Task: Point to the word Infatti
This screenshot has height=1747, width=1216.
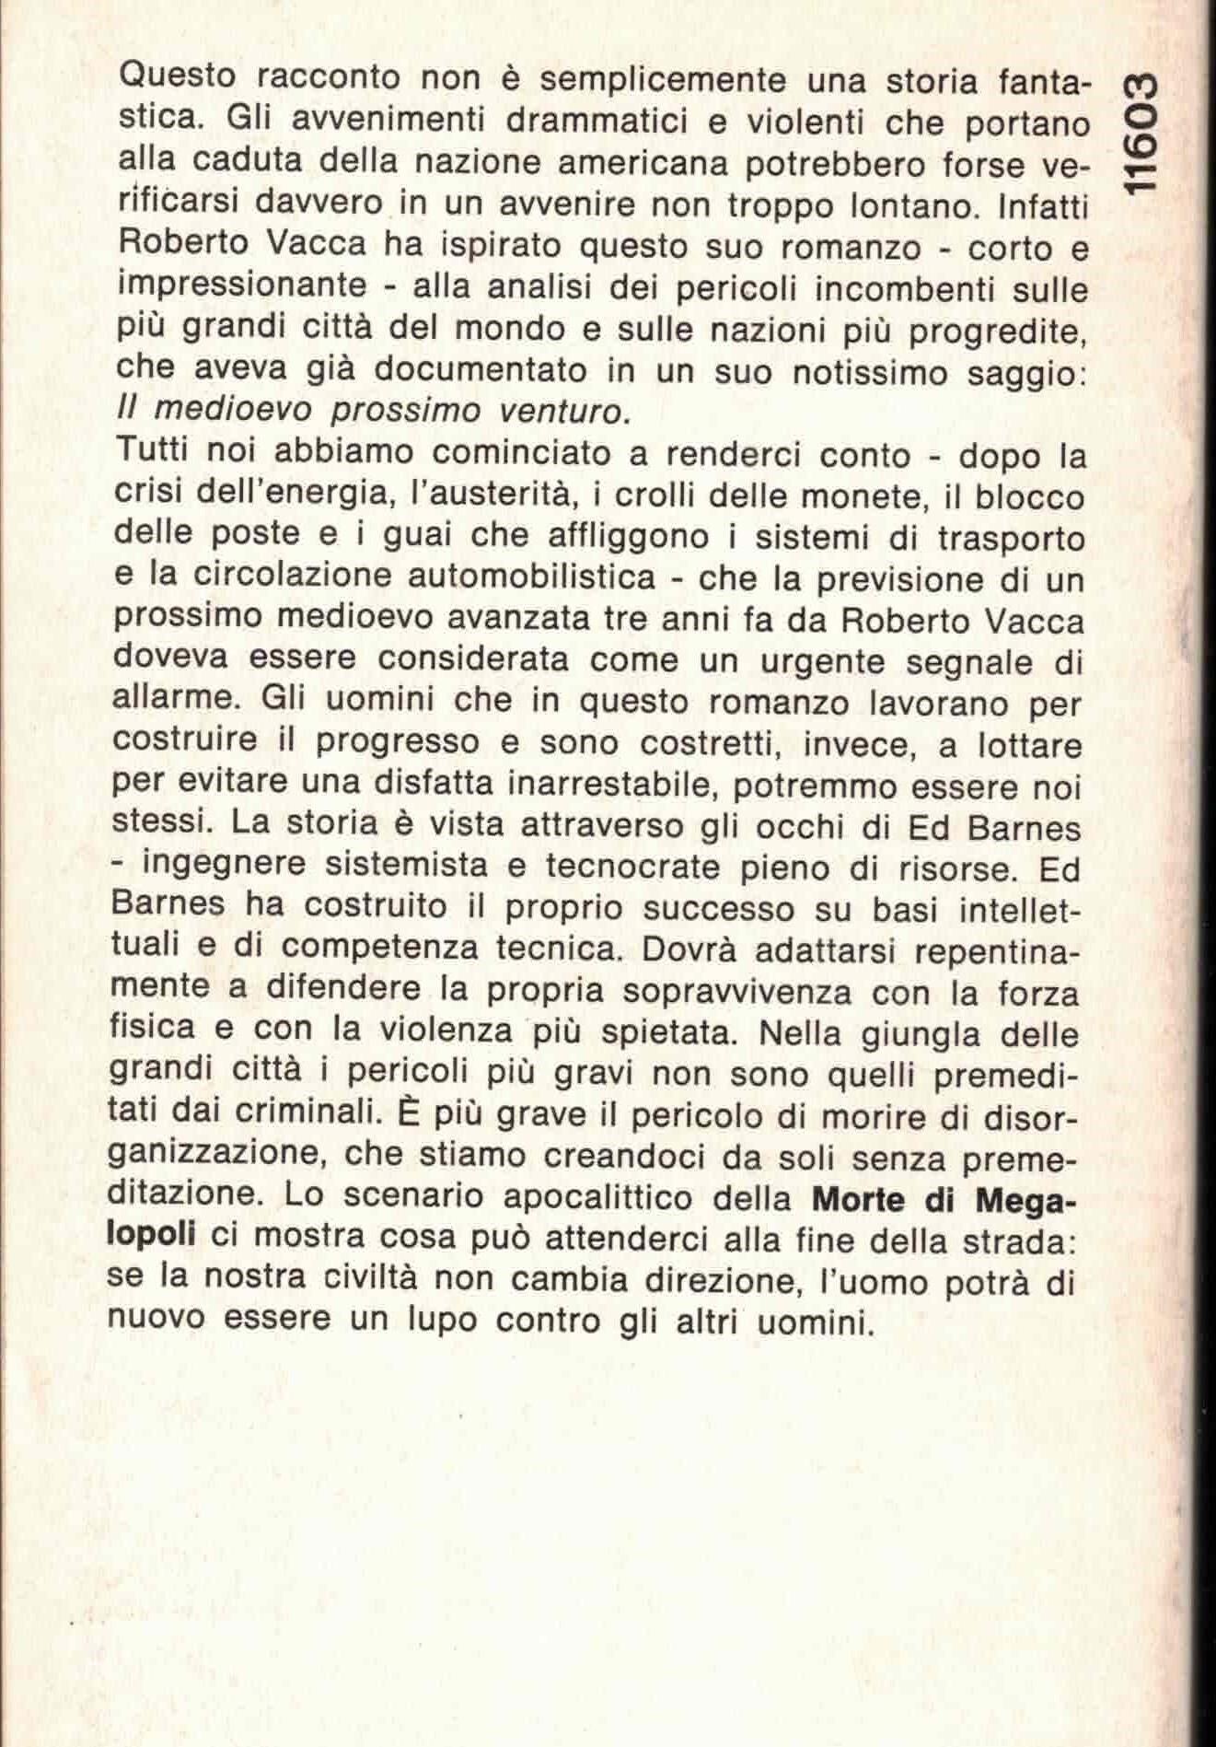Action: point(1043,205)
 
